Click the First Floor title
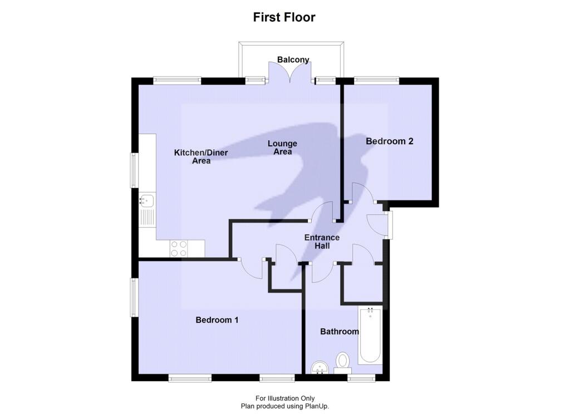tap(284, 17)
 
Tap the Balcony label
tap(293, 60)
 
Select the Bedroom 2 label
tap(390, 141)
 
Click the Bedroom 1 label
tap(217, 320)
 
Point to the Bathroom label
tap(339, 332)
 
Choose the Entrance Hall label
tap(322, 241)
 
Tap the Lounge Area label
tap(283, 147)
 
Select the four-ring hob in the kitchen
tap(179, 248)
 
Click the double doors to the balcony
tap(288, 72)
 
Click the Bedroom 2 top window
tap(377, 81)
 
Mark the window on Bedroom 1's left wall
tap(135, 298)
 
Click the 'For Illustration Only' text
tap(284, 398)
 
